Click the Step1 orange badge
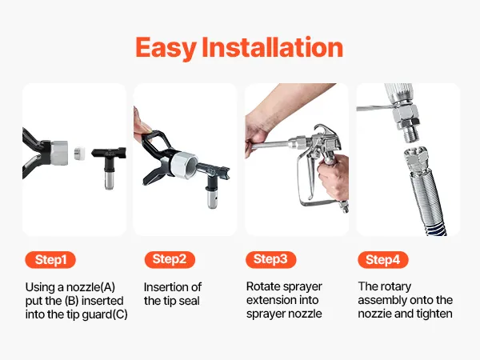[50, 260]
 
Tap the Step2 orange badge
[170, 259]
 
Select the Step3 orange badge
[270, 259]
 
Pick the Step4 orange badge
[383, 260]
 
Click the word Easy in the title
[166, 48]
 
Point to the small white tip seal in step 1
[79, 153]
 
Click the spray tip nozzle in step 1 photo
[109, 167]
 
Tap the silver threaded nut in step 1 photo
[59, 153]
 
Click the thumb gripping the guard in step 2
[142, 127]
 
